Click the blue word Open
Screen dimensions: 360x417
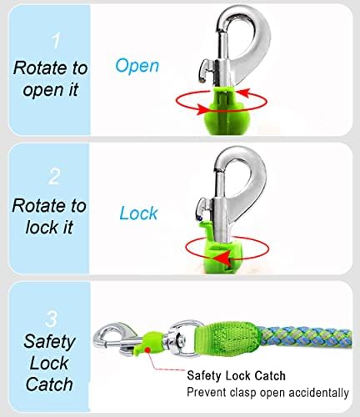pos(137,66)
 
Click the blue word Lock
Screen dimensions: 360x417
pos(138,214)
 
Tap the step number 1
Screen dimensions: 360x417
pos(56,41)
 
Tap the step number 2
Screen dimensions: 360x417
pos(54,176)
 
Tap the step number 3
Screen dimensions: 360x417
pos(52,319)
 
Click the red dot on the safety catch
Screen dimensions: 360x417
pos(148,349)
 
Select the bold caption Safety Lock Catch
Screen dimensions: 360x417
pos(236,375)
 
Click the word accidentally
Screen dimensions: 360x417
pos(318,393)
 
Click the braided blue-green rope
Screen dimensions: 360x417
pos(306,338)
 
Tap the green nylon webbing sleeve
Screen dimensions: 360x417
pos(228,338)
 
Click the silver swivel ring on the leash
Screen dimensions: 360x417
pos(182,339)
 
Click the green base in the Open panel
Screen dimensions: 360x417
pos(222,111)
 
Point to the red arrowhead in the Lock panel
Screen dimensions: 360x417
pos(222,259)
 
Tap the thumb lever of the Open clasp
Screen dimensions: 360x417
pos(206,70)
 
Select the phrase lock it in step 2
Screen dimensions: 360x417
pos(49,227)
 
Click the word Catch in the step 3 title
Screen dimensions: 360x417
pos(49,384)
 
